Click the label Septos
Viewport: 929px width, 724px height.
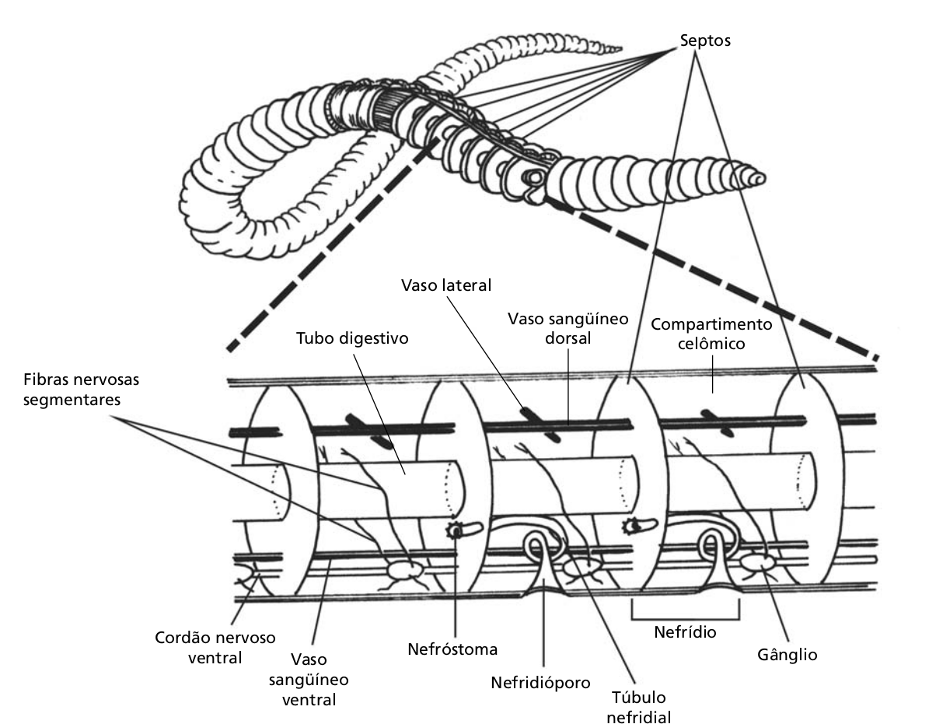click(x=704, y=40)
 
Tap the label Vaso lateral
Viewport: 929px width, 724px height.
click(x=446, y=285)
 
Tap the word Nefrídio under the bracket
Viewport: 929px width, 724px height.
click(x=686, y=631)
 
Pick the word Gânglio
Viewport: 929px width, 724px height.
click(x=788, y=654)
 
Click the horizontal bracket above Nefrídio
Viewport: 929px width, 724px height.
click(x=685, y=613)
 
